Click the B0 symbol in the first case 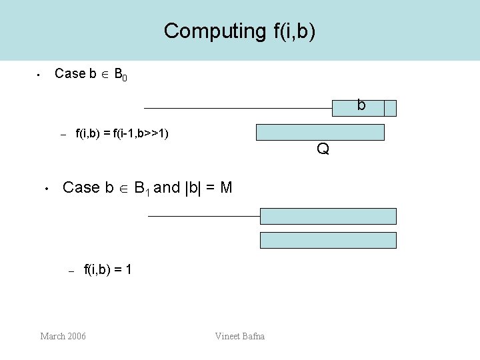pos(121,75)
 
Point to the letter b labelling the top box pos(361,105)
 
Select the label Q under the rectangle pos(323,149)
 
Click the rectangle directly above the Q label pos(320,132)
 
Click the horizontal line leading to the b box pos(237,108)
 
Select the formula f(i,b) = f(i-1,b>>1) pos(122,134)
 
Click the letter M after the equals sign pos(226,187)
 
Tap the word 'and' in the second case pos(167,187)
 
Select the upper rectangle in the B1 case pos(328,216)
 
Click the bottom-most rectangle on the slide pos(328,240)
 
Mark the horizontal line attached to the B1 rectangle pos(203,216)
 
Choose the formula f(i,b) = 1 pos(107,270)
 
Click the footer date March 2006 pos(63,336)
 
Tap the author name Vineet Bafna pos(240,336)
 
